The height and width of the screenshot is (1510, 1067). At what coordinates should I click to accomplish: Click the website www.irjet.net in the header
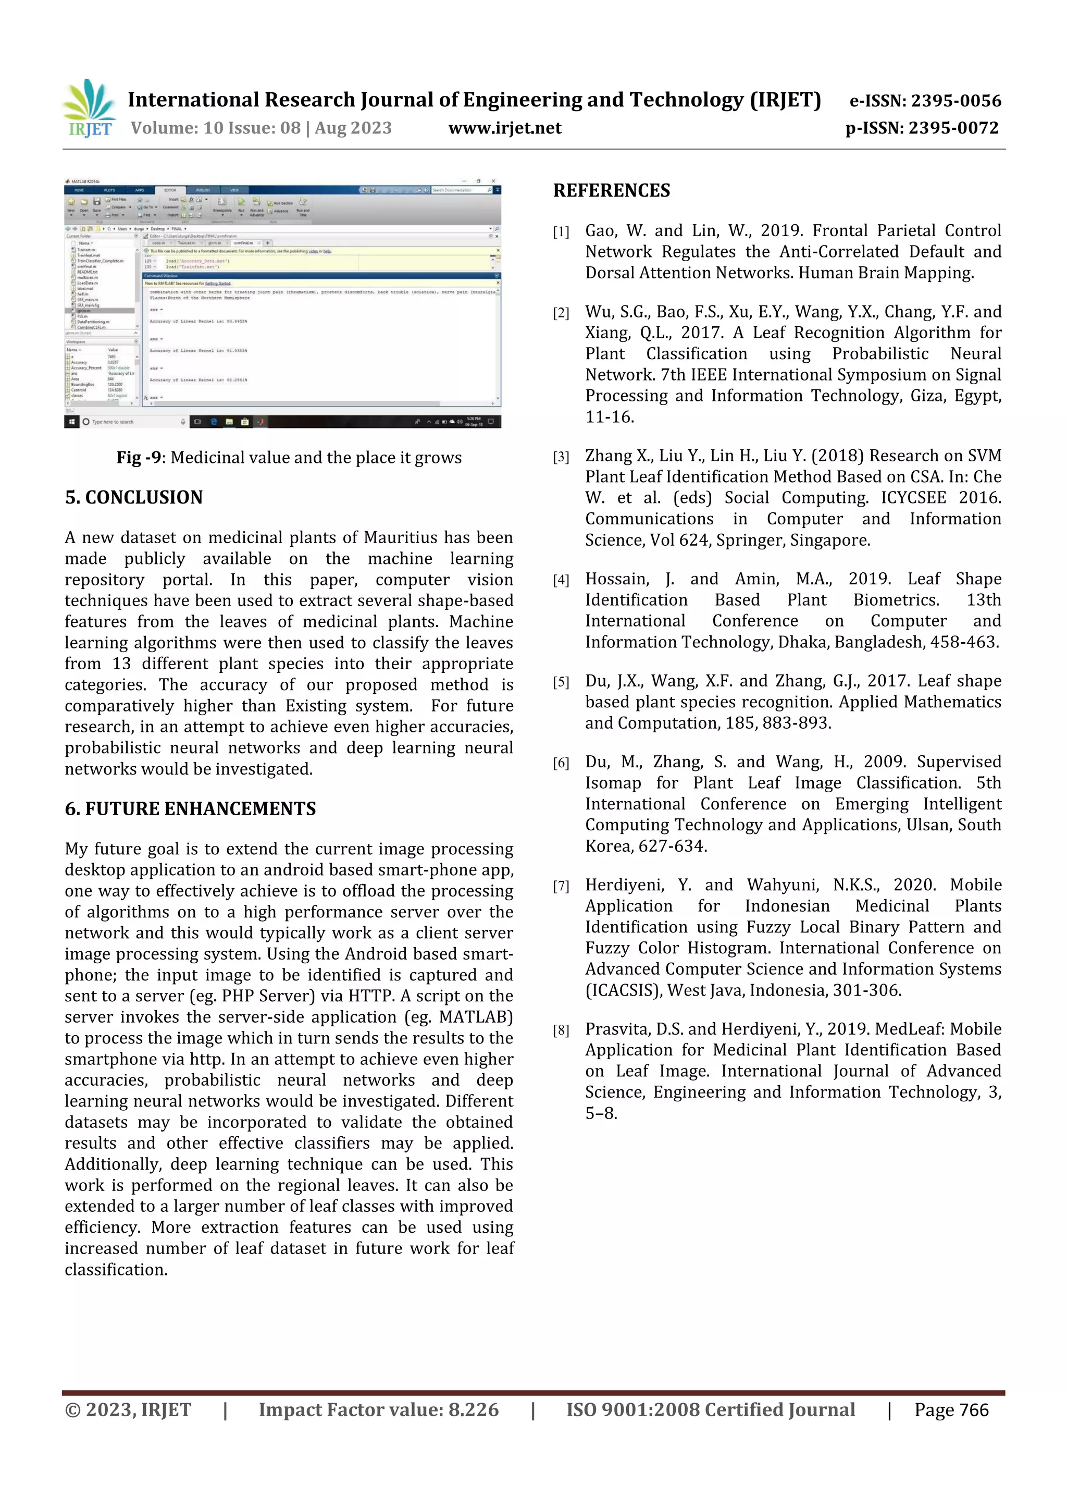coord(504,128)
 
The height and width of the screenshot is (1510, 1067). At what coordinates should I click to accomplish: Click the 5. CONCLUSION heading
coord(133,497)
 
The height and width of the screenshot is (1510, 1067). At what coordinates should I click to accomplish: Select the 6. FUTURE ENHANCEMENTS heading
coord(190,808)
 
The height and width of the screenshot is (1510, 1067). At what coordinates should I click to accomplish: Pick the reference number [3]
coord(561,457)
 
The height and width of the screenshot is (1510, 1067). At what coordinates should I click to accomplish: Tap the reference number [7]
coord(561,887)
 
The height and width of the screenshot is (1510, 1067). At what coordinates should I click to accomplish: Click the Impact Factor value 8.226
coord(473,1409)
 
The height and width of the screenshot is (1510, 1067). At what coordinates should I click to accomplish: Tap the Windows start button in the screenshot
coord(71,422)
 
